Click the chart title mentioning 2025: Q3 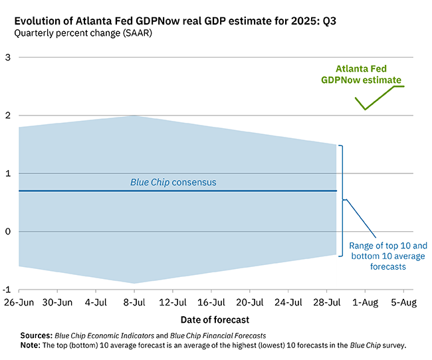[x=175, y=21]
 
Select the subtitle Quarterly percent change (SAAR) [x=83, y=33]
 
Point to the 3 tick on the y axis [x=8, y=57]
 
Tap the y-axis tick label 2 [x=8, y=116]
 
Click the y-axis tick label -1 [x=7, y=290]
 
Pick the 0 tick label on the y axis [x=8, y=231]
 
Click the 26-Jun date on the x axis [x=19, y=302]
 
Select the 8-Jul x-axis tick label [x=134, y=302]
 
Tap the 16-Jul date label [x=211, y=302]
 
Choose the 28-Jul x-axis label [x=327, y=302]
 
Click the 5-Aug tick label [x=403, y=302]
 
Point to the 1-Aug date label [x=366, y=302]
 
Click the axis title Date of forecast [x=215, y=319]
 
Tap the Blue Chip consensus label [x=173, y=183]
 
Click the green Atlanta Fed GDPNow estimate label [x=361, y=74]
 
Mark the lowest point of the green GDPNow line [x=365, y=110]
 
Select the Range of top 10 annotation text [x=388, y=256]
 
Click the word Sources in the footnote [x=36, y=335]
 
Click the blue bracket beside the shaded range [x=342, y=201]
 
